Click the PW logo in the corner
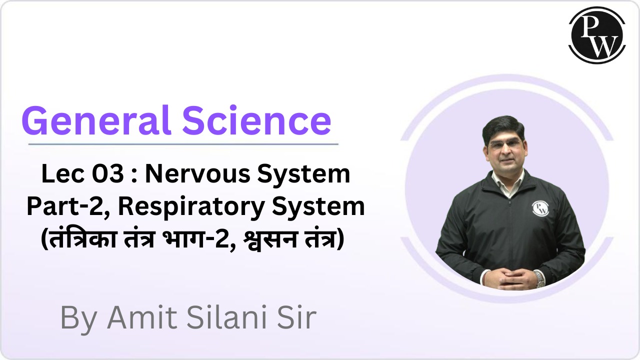point(596,35)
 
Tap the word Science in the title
point(256,121)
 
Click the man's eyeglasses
point(505,145)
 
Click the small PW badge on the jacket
point(539,207)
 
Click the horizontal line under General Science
point(183,144)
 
